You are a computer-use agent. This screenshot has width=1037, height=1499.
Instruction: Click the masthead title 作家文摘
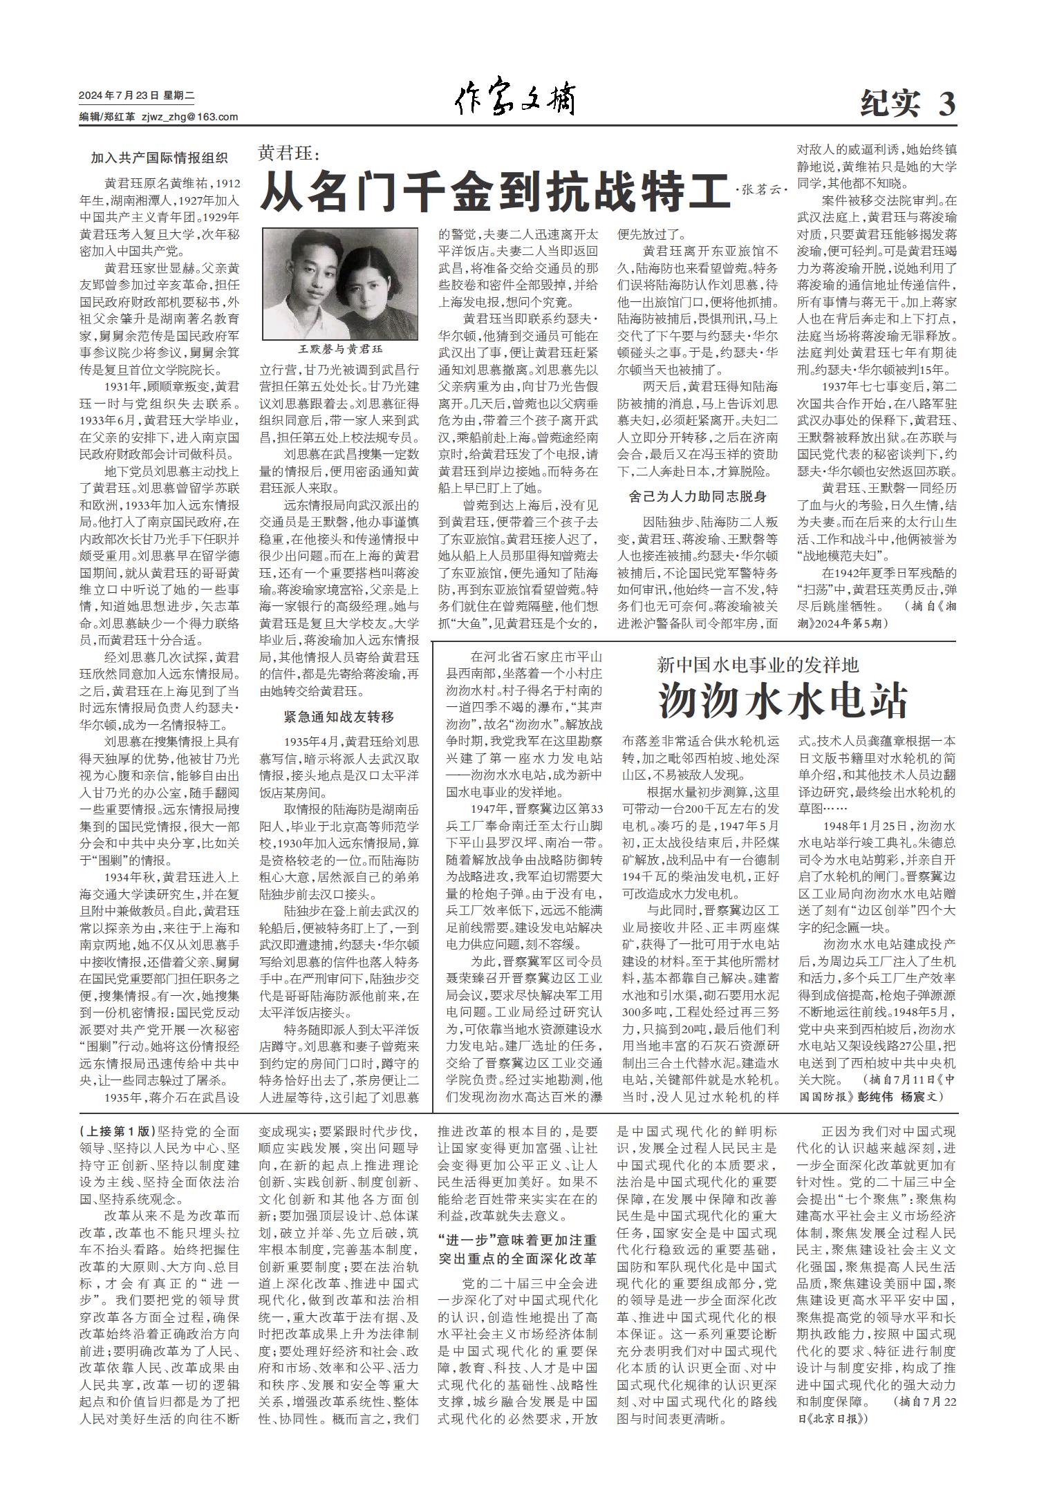514,101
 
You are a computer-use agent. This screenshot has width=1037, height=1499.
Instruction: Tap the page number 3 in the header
946,104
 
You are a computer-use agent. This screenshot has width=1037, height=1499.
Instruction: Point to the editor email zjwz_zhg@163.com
189,117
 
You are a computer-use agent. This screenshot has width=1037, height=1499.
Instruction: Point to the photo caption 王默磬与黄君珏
339,350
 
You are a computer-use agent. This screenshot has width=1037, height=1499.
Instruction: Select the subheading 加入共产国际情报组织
159,158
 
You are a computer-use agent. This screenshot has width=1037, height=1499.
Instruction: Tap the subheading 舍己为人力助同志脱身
698,496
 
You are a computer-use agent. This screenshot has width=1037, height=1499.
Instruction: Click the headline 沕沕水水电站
782,701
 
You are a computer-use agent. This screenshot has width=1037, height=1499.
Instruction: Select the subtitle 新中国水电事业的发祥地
758,666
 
